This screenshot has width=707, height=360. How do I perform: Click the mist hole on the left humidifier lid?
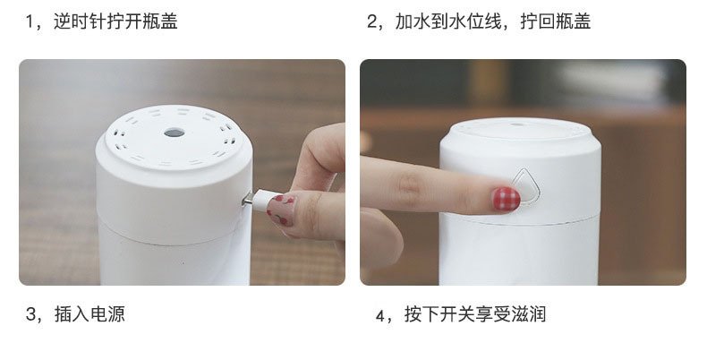[x=175, y=133]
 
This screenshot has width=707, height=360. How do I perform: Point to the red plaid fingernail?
[x=506, y=199]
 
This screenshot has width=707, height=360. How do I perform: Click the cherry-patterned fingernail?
[x=282, y=210]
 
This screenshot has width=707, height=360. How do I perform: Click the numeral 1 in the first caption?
[x=30, y=21]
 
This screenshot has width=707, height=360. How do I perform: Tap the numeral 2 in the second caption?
[x=372, y=21]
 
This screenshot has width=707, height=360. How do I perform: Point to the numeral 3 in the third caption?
[x=30, y=314]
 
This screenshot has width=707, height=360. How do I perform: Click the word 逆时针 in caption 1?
[x=80, y=21]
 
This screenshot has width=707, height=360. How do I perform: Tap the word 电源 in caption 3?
[x=107, y=314]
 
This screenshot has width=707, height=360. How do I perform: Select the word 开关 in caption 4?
[x=456, y=314]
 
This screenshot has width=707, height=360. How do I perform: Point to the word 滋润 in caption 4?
[x=528, y=314]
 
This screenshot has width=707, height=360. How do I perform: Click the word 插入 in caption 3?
[x=72, y=314]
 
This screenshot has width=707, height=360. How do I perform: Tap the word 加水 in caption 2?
[x=413, y=21]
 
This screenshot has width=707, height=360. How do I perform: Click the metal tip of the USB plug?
[x=247, y=199]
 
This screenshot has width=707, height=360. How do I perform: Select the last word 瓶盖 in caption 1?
[x=160, y=21]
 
